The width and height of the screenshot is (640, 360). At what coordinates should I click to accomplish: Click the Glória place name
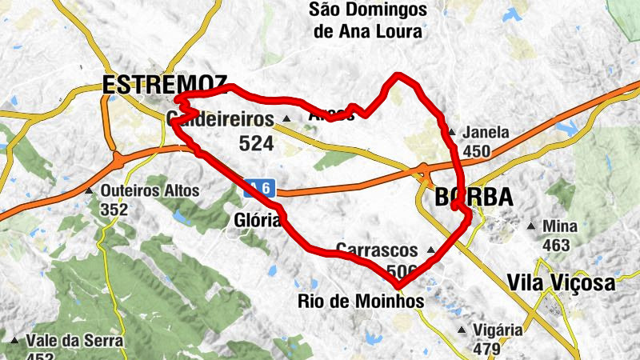pos(257,220)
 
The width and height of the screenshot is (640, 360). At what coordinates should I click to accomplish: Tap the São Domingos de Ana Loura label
pos(368,21)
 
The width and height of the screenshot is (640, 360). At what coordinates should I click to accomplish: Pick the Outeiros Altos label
pos(150,192)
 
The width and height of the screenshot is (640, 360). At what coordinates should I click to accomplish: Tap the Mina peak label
pos(559,226)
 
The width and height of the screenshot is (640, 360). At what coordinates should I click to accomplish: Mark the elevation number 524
pos(256,144)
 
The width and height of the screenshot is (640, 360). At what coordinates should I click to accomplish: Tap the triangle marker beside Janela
pos(452,133)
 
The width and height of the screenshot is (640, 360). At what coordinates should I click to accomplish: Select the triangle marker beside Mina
pos(530,226)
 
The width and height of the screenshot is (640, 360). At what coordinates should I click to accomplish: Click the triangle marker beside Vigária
pos(462,330)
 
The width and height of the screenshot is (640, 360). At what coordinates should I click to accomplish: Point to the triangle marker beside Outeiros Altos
pos(89,192)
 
